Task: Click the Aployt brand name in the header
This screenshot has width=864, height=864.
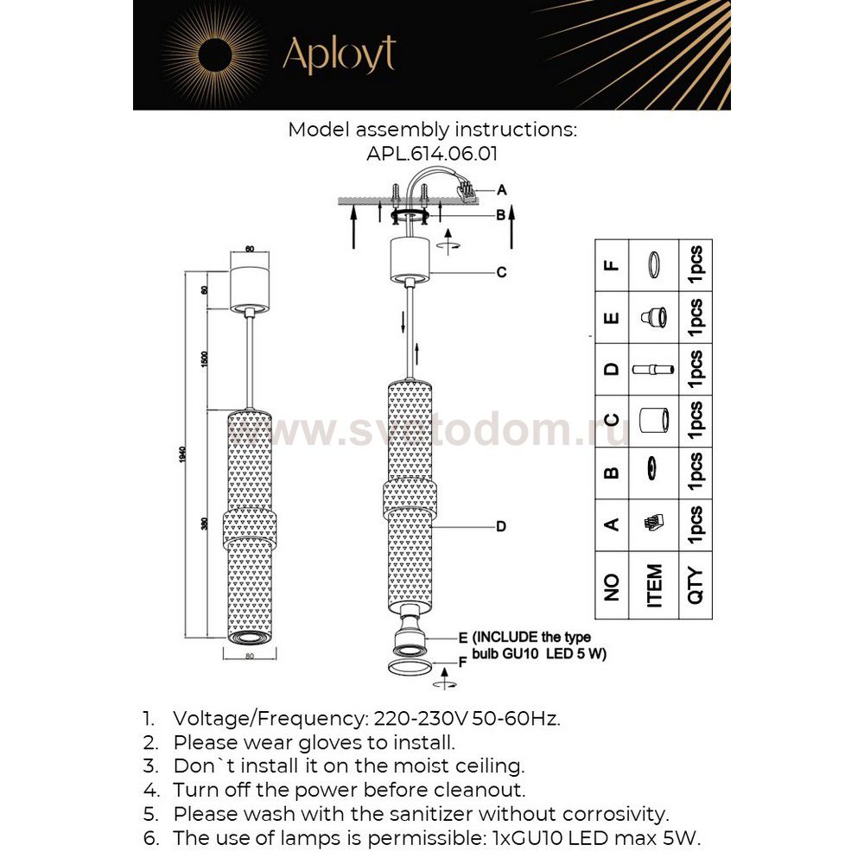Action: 339,54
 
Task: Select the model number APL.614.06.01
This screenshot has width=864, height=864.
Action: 432,154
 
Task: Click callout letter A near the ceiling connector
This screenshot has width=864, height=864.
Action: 502,189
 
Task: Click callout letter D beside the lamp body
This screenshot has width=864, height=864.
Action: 500,525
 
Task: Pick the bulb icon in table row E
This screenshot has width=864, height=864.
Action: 654,317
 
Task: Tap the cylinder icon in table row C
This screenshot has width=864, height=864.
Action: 654,422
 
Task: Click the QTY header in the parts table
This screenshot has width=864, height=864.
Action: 696,585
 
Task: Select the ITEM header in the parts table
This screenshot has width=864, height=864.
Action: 654,585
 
